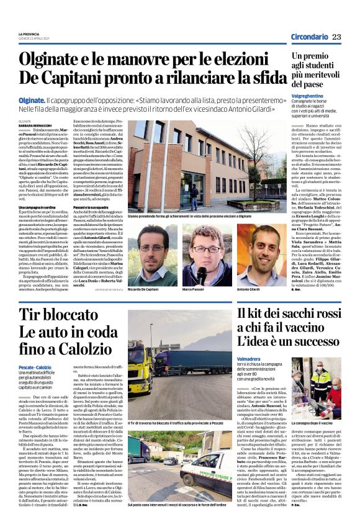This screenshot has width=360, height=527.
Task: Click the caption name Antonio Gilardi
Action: (249, 290)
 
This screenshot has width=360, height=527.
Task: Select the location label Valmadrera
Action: (251, 358)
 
